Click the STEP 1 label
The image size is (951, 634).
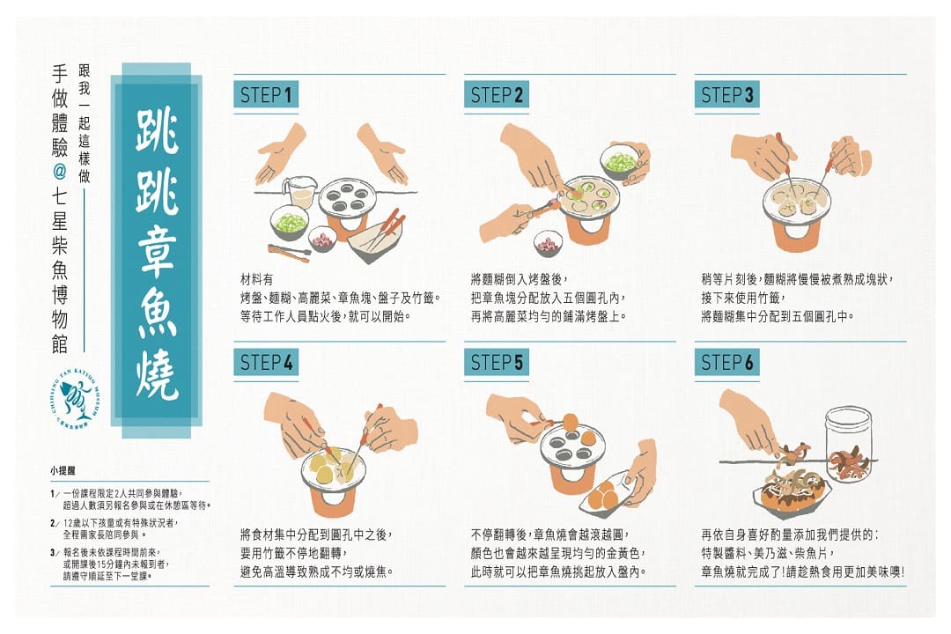pyautogui.click(x=266, y=94)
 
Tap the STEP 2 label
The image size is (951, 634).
pyautogui.click(x=496, y=94)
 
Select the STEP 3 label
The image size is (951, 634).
pyautogui.click(x=726, y=94)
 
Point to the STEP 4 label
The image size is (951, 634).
pyautogui.click(x=266, y=362)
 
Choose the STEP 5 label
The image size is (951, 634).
pyautogui.click(x=496, y=362)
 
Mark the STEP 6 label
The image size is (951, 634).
pyautogui.click(x=726, y=362)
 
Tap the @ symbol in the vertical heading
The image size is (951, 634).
pyautogui.click(x=60, y=173)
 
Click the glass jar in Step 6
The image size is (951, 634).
pyautogui.click(x=849, y=444)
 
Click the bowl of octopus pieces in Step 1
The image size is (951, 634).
pyautogui.click(x=322, y=239)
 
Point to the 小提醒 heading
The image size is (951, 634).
pyautogui.click(x=63, y=470)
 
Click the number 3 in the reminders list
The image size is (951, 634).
pyautogui.click(x=54, y=553)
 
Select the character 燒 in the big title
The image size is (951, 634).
pyautogui.click(x=157, y=375)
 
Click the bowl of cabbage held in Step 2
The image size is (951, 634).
pyautogui.click(x=619, y=161)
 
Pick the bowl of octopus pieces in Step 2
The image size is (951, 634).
pyautogui.click(x=548, y=243)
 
